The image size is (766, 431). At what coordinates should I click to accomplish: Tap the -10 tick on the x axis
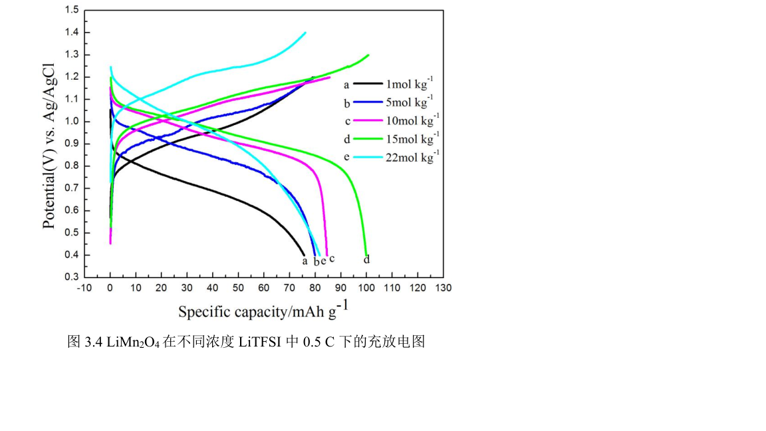[x=84, y=288]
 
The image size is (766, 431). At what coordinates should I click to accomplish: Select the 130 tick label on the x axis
[x=443, y=288]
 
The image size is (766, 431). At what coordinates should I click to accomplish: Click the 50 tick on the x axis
[x=238, y=288]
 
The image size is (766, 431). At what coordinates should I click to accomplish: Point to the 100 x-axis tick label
[x=366, y=288]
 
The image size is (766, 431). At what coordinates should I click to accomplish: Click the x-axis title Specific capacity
[x=263, y=311]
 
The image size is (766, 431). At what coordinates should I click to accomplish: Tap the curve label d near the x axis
[x=366, y=259]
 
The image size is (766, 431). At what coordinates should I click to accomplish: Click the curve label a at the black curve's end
[x=305, y=261]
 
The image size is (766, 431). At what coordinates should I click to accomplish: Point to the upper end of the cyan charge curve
[x=305, y=32]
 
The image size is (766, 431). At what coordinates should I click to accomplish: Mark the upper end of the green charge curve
[x=368, y=55]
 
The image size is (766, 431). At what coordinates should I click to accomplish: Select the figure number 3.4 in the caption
[x=93, y=343]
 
